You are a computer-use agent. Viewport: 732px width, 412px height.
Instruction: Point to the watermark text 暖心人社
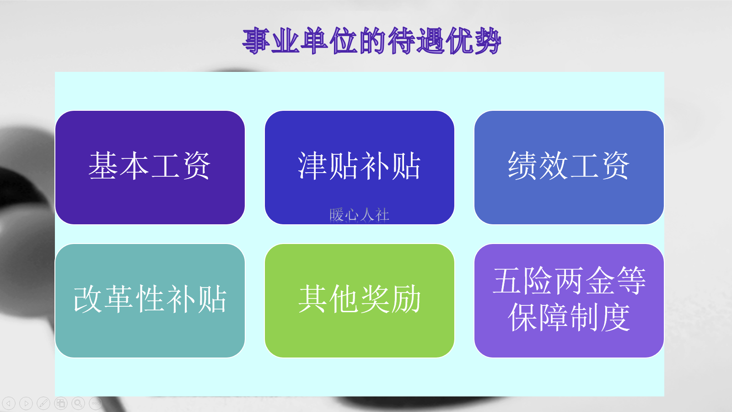pyautogui.click(x=359, y=215)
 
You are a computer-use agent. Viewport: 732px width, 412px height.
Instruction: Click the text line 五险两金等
pyautogui.click(x=569, y=281)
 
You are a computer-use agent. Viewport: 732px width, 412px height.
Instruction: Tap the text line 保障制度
pyautogui.click(x=569, y=317)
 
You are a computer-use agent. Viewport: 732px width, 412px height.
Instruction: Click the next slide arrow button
pyautogui.click(x=26, y=403)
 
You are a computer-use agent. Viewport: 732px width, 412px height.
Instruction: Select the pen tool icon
pyautogui.click(x=43, y=403)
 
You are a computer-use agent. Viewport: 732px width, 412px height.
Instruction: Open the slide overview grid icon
pyautogui.click(x=61, y=403)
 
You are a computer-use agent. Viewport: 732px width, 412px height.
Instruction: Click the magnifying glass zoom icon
pyautogui.click(x=78, y=403)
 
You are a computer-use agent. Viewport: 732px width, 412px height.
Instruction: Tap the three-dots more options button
pyautogui.click(x=95, y=403)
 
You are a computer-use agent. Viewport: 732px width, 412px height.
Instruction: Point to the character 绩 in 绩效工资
pyautogui.click(x=522, y=166)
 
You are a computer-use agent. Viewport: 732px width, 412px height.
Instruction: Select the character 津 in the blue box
pyautogui.click(x=312, y=166)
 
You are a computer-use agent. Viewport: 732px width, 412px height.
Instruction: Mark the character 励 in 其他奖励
pyautogui.click(x=406, y=299)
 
